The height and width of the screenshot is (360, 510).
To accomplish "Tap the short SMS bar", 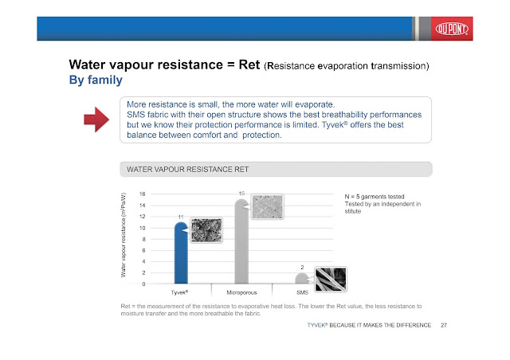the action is point(301,279).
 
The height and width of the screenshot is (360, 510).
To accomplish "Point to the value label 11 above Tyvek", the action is point(181,217).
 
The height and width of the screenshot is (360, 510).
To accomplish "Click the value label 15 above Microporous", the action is point(241,194).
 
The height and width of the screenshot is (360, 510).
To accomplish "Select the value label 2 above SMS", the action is point(301,267).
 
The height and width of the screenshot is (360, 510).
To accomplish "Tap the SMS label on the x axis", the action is point(302,293).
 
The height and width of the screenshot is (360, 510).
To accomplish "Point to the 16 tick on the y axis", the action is point(142,194).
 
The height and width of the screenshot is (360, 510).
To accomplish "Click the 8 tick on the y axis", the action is point(143,239).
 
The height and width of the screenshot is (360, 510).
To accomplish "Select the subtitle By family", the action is point(96,80).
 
